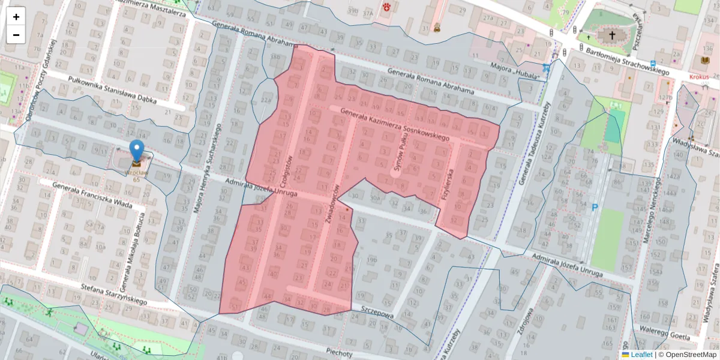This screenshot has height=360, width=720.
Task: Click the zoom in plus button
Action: (16, 17)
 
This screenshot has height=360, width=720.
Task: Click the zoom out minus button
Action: (16, 35)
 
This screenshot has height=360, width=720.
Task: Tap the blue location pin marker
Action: (137, 149)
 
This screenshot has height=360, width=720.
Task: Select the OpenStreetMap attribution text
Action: (687, 355)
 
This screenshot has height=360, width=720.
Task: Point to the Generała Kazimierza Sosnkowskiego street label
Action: (395, 125)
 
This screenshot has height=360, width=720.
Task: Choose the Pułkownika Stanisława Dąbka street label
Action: (113, 91)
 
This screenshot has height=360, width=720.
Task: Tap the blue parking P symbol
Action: (595, 208)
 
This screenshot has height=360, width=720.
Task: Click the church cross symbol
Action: (612, 35)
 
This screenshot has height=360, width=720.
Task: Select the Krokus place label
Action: (699, 77)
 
